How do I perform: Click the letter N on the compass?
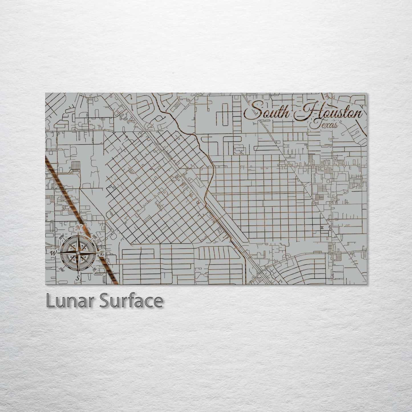(78, 228)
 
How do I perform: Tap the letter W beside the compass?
(53, 253)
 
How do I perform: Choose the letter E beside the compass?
(102, 253)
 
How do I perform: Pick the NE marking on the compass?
(95, 237)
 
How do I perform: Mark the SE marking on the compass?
(95, 269)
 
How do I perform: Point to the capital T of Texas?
(314, 124)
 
